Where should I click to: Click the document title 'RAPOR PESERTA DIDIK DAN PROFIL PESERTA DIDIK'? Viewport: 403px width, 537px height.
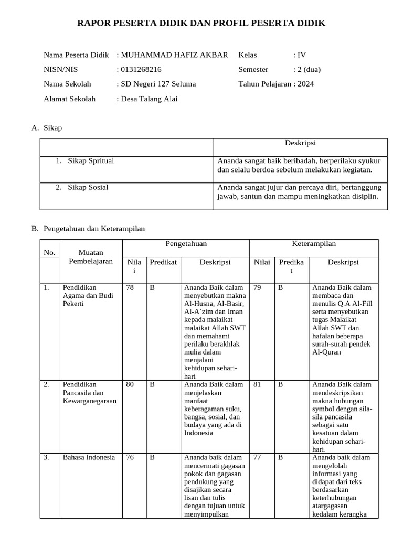201,23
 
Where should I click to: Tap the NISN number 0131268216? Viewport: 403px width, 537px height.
141,69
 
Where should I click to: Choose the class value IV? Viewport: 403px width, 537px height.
301,55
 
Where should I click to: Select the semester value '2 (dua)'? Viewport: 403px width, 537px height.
309,69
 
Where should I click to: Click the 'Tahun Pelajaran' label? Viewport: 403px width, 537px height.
264,84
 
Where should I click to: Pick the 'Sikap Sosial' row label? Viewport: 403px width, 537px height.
88,187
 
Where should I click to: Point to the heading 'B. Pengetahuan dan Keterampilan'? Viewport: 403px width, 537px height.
88,229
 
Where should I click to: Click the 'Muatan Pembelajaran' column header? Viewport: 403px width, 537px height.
90,257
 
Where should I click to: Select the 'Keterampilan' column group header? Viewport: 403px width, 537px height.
314,244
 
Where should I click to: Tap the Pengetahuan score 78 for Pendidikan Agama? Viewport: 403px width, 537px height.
130,288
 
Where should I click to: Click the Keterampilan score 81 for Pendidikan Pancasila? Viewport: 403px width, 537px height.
257,384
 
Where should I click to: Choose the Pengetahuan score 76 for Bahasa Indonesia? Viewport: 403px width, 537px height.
130,457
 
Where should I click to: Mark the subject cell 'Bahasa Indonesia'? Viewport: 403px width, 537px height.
89,457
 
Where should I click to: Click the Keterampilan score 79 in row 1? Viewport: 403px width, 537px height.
257,288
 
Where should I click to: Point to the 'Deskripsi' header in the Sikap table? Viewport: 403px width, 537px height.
300,143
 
